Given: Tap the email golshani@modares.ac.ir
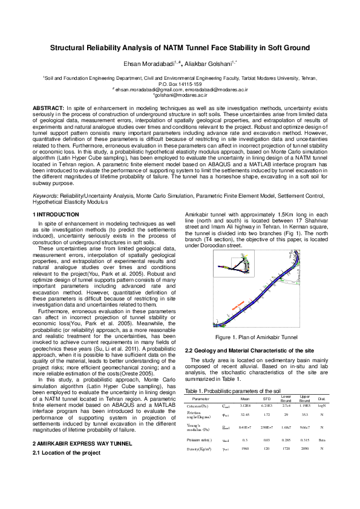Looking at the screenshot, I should pyautogui.click(x=180, y=95).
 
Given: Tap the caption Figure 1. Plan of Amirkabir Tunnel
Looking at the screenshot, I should pyautogui.click(x=256, y=337).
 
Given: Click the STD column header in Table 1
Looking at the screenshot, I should pyautogui.click(x=266, y=400).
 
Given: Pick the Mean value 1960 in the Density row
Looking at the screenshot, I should pyautogui.click(x=245, y=449).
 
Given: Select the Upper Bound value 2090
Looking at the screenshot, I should pyautogui.click(x=304, y=449).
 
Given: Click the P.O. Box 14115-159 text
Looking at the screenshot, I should pyautogui.click(x=180, y=84).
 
